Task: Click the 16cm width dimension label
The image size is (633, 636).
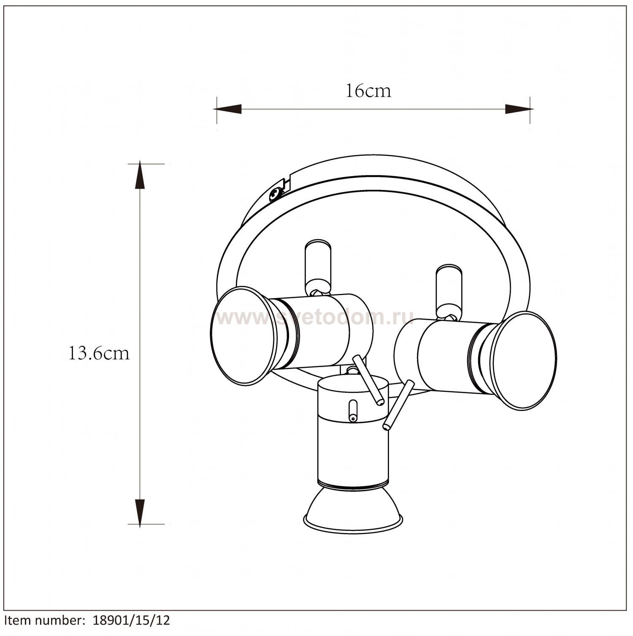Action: coord(368,91)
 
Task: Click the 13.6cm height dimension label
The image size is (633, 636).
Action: coord(99,353)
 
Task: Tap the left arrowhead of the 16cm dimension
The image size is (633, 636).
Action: coord(228,109)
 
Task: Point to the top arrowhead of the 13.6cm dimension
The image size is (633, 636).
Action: coord(140,176)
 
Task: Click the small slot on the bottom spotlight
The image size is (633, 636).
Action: coord(352,411)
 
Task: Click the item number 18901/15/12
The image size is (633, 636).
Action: coord(131,620)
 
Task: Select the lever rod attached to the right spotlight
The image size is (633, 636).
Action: coord(398,405)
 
